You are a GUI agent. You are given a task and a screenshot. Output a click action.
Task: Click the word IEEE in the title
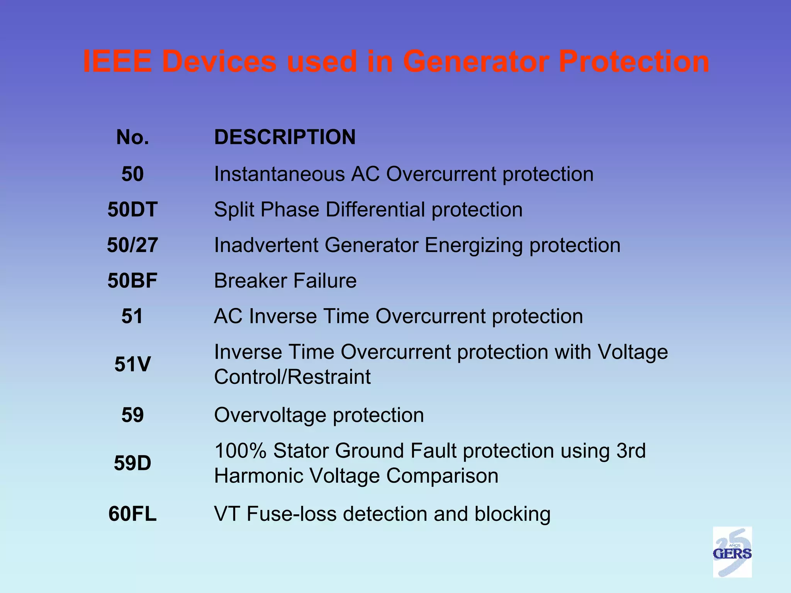pos(117,61)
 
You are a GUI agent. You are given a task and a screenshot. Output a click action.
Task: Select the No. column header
pos(132,137)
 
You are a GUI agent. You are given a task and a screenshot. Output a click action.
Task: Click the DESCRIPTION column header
pos(285,137)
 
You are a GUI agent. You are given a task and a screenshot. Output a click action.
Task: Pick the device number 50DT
pos(132,210)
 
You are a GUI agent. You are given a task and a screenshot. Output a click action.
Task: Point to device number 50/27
pos(132,245)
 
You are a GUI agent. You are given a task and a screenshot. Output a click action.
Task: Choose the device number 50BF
pos(132,281)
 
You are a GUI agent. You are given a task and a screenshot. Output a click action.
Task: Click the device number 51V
pos(132,364)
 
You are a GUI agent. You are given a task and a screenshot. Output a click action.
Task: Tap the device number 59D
pos(132,463)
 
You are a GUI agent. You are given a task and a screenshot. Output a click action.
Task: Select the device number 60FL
pos(132,514)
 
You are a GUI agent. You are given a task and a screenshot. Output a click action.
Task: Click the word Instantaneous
pos(279,174)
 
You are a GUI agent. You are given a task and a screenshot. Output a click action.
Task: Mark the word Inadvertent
pos(266,245)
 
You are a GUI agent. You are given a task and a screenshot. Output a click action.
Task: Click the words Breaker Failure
pos(285,281)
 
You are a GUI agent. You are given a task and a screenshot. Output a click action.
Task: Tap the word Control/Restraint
pos(292,376)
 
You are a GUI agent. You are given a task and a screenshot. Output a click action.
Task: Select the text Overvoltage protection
pos(319,415)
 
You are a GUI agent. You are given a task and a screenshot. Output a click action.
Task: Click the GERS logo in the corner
pos(732,552)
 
